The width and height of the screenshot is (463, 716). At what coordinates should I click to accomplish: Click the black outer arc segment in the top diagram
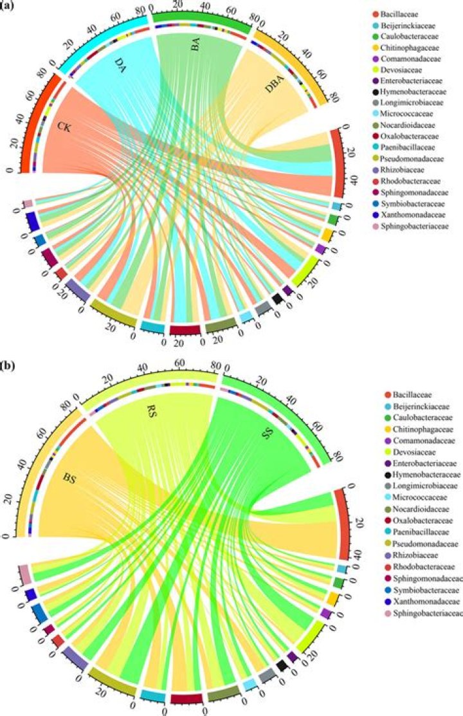coord(278,298)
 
